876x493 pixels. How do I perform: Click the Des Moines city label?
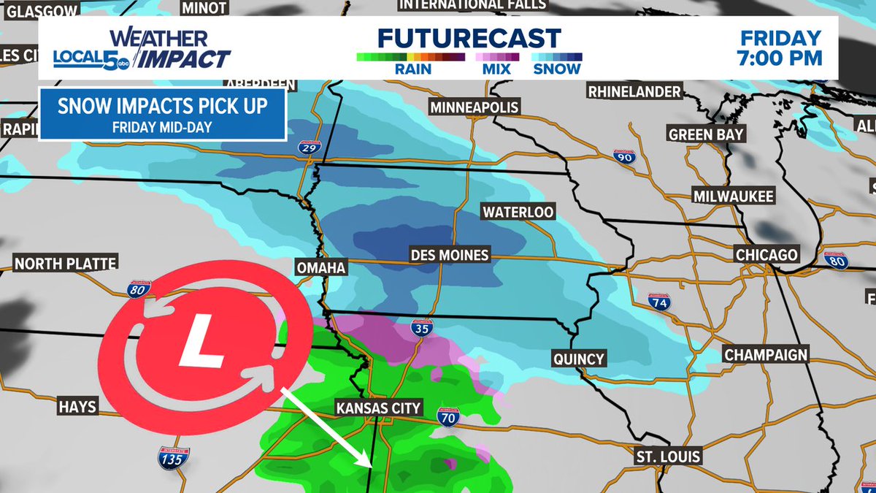tap(449, 256)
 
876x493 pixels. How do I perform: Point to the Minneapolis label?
tap(474, 107)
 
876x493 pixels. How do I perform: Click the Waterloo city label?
tap(518, 212)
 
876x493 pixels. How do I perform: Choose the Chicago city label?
tap(766, 255)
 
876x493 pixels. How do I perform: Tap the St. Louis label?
tap(667, 456)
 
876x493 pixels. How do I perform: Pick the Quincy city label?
tap(579, 359)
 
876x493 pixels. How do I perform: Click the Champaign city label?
tap(766, 355)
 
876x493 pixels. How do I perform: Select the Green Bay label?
tap(706, 134)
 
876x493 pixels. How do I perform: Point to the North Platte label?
tap(66, 263)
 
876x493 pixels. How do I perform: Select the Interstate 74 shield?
tap(659, 301)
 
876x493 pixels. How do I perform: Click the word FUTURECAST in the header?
tap(469, 39)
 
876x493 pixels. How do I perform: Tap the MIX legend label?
tap(496, 69)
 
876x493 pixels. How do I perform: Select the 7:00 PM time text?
tap(781, 58)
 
